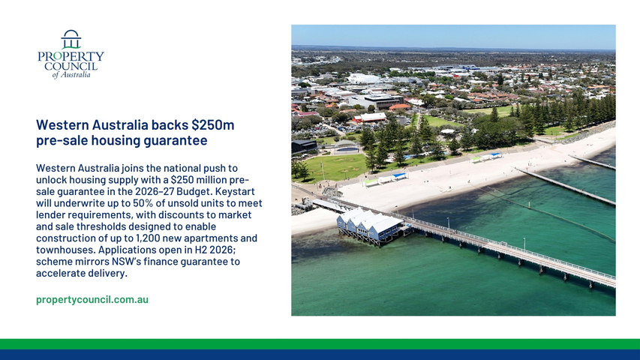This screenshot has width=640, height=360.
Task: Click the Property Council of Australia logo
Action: tap(71, 54)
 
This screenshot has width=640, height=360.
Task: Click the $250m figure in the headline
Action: tap(212, 125)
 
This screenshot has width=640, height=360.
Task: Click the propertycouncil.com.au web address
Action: tap(92, 299)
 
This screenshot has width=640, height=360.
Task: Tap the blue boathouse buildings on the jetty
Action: tap(369, 225)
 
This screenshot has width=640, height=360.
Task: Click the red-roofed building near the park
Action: tap(370, 118)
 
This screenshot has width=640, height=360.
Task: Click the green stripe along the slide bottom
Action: tap(320, 344)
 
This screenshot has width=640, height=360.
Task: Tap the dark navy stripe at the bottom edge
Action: tap(320, 355)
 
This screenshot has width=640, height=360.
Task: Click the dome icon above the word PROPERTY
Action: tap(71, 39)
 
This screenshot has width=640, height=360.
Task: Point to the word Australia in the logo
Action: tap(76, 75)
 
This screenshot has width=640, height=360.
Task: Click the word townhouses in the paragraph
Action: tap(65, 250)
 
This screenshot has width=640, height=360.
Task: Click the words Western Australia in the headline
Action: tap(92, 125)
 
